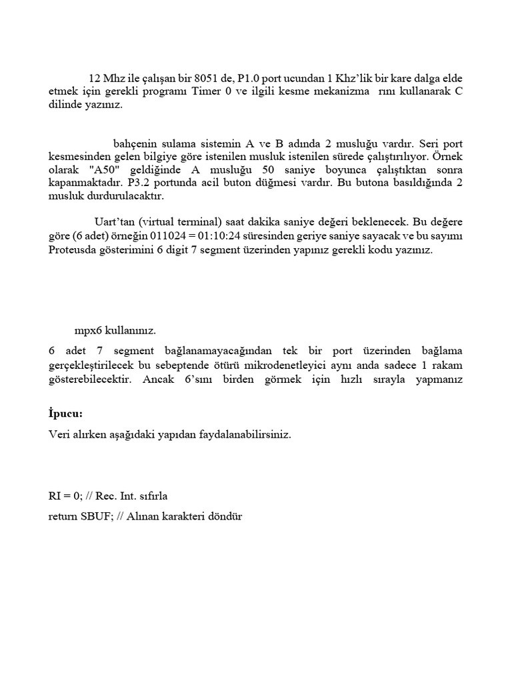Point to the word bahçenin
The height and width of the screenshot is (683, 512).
coord(136,144)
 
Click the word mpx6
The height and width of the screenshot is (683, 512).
coord(88,330)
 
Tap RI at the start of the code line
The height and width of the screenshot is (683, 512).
coord(55,496)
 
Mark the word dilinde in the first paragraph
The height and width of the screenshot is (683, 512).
coord(65,105)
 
